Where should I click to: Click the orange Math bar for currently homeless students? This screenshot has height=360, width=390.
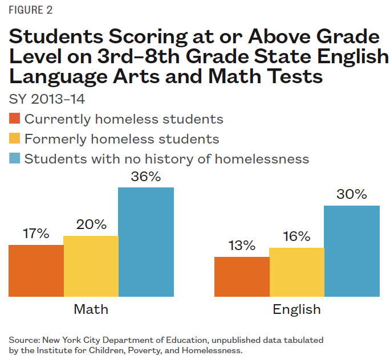(x=36, y=271)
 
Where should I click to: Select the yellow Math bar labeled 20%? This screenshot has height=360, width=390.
(x=91, y=266)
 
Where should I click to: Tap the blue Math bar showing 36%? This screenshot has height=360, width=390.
(x=146, y=242)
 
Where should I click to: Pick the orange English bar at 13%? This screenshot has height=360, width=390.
(x=242, y=276)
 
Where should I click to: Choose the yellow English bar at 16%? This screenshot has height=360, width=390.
(x=296, y=272)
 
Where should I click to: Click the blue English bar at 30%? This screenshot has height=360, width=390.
(x=352, y=251)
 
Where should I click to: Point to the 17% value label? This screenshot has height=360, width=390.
(x=36, y=234)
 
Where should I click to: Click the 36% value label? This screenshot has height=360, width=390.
(x=146, y=177)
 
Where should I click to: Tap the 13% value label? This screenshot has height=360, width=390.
(x=242, y=246)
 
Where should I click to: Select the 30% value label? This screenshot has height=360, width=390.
(x=352, y=195)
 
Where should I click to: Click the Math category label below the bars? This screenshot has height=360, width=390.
(x=91, y=310)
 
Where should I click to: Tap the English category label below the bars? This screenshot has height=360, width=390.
(x=296, y=310)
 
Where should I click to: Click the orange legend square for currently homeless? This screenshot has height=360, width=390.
(x=15, y=119)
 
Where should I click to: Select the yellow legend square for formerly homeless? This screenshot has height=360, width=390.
(x=15, y=139)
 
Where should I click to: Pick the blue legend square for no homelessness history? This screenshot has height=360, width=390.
(x=15, y=158)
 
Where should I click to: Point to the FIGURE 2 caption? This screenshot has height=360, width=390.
(x=32, y=10)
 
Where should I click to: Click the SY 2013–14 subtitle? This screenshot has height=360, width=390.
(x=47, y=99)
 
